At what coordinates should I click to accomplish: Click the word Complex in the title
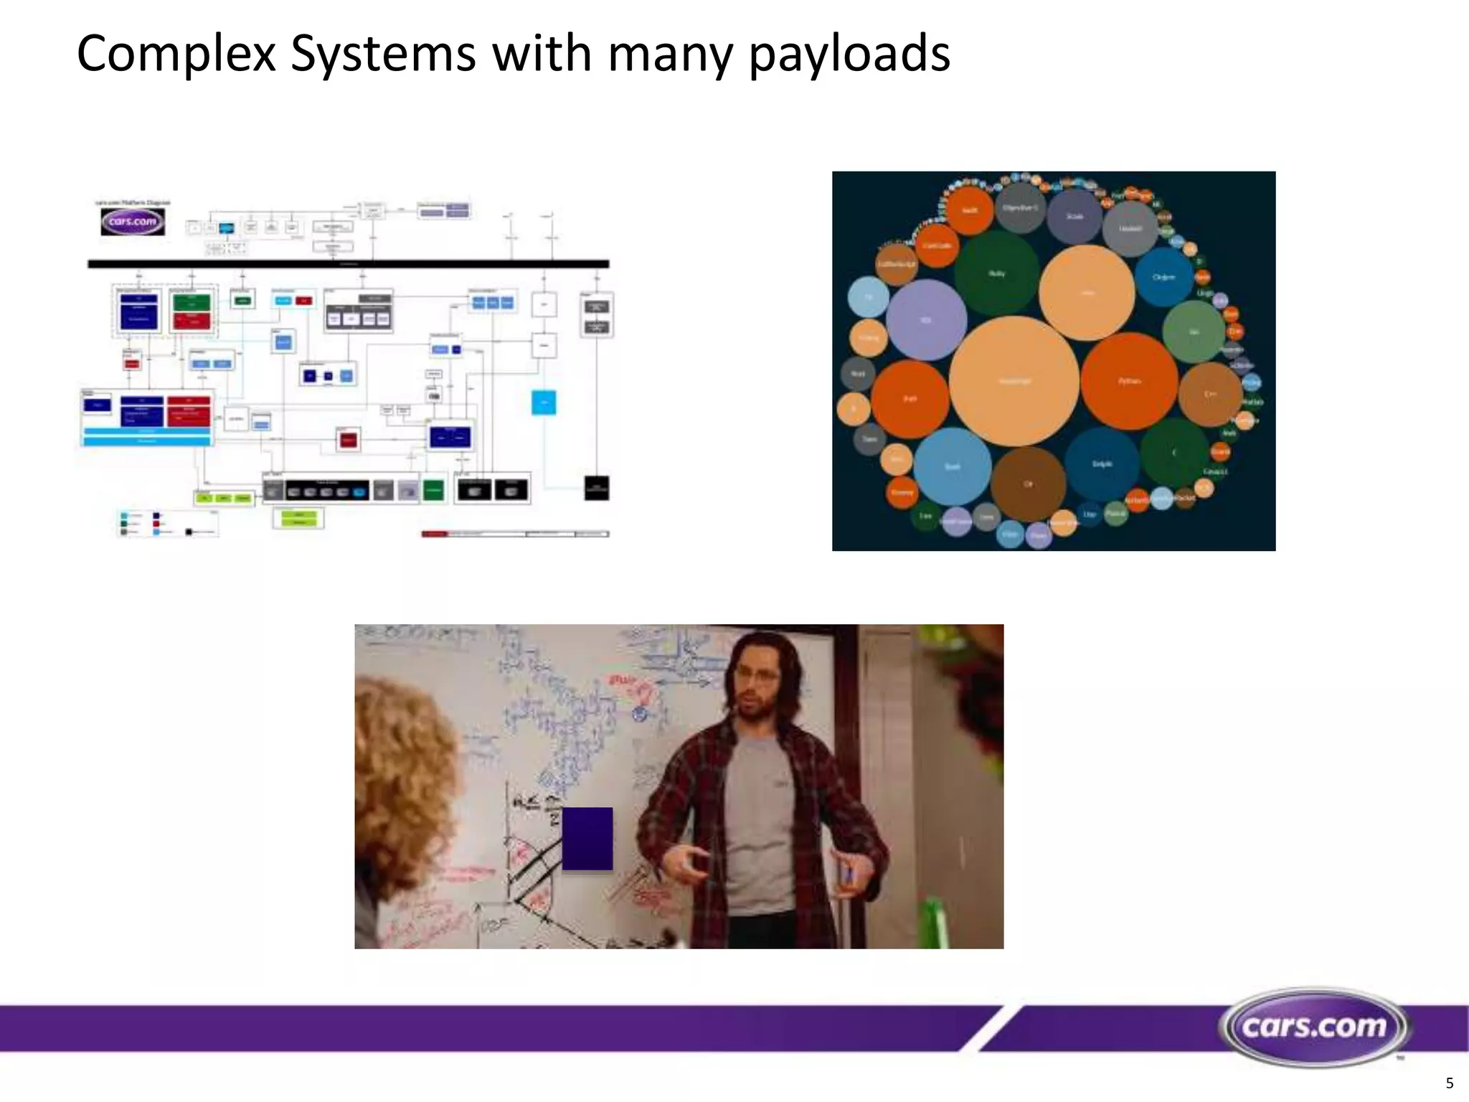176,55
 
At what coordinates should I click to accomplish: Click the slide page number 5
1449,1083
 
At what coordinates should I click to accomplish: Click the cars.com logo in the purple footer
1314,1027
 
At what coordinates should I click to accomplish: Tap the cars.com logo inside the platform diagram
133,222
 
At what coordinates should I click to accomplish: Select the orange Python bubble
1129,381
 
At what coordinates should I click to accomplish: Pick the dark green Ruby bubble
996,273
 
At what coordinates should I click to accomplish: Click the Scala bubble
1074,216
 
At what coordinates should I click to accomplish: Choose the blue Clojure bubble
1163,277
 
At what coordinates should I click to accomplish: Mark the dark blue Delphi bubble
1102,464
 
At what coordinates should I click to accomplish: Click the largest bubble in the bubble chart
1014,381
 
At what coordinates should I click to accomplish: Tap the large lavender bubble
926,320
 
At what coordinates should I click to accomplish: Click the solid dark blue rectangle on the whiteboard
587,839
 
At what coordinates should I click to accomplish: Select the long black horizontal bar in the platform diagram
348,264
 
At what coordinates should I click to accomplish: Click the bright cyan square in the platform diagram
544,402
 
